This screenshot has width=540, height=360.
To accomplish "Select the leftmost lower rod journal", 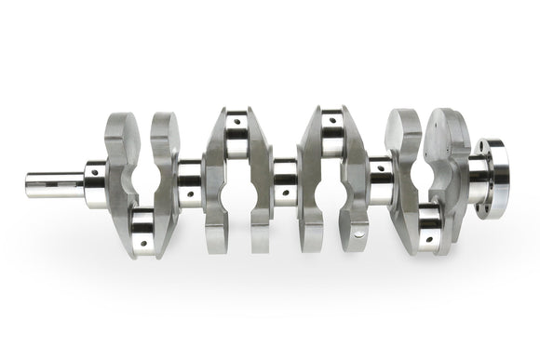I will point(142,225).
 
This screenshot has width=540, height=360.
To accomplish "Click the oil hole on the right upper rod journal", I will point(328,121).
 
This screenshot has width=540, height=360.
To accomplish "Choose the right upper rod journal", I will point(331,137).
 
